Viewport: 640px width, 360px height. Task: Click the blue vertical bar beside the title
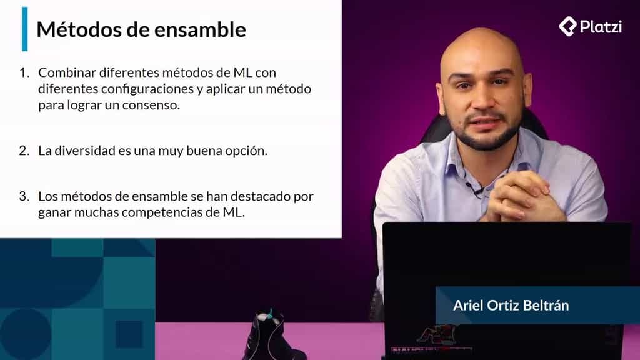pos(24,29)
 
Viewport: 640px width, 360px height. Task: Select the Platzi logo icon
pos(567,26)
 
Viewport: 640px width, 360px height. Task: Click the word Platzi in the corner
pos(600,27)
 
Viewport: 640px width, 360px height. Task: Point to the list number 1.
pos(24,72)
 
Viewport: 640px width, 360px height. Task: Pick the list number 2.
pos(24,151)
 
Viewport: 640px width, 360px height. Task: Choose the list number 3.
pos(24,196)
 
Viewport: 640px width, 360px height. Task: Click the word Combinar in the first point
pos(63,72)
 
